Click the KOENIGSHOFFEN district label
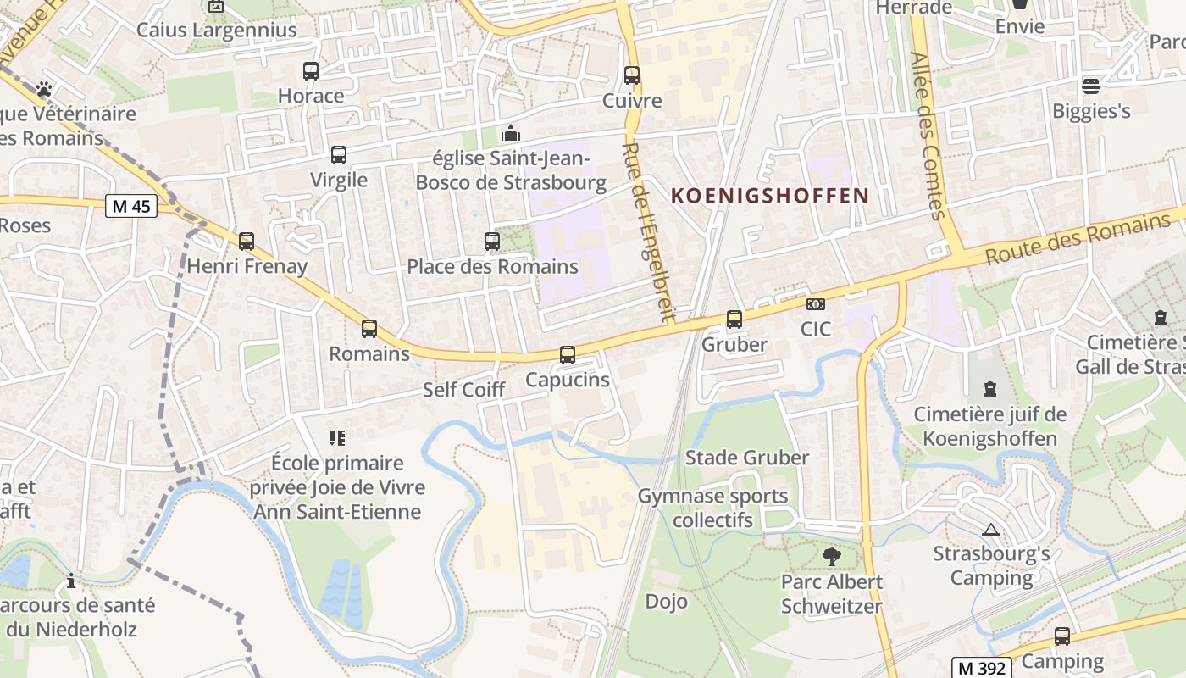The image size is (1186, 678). pyautogui.click(x=770, y=196)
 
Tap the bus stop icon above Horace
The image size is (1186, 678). pyautogui.click(x=311, y=71)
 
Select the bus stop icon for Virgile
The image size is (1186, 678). pyautogui.click(x=339, y=155)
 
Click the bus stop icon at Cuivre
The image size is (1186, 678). pyautogui.click(x=632, y=75)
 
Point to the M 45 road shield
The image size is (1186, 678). pyautogui.click(x=131, y=206)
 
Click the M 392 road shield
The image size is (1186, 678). pyautogui.click(x=979, y=667)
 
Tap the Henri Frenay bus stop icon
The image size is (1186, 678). pyautogui.click(x=247, y=242)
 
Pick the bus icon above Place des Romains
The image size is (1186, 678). pyautogui.click(x=491, y=242)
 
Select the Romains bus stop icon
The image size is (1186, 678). pyautogui.click(x=369, y=329)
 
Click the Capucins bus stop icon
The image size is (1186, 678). pyautogui.click(x=568, y=355)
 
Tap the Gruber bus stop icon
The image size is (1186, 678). pyautogui.click(x=734, y=320)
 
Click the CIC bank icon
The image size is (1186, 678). pyautogui.click(x=816, y=304)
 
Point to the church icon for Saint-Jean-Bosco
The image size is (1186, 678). pyautogui.click(x=511, y=134)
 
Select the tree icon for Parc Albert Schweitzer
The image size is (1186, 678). pyautogui.click(x=832, y=557)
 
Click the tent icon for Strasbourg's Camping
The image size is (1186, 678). pyautogui.click(x=990, y=531)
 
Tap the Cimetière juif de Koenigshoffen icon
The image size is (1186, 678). pyautogui.click(x=989, y=390)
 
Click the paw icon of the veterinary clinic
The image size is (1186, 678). pyautogui.click(x=44, y=88)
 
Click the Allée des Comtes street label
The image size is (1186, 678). pyautogui.click(x=928, y=136)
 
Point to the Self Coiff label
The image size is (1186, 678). pyautogui.click(x=463, y=390)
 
